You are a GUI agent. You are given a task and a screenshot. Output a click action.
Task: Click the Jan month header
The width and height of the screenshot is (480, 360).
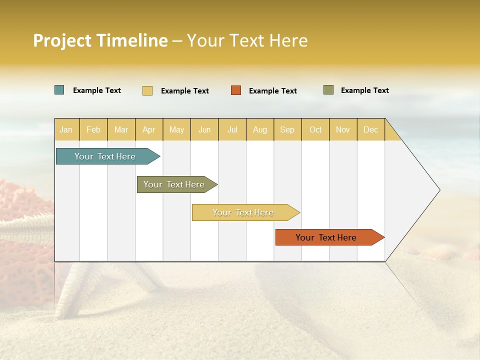pyautogui.click(x=66, y=129)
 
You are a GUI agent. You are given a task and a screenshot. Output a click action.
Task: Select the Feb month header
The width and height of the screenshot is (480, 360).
pyautogui.click(x=93, y=129)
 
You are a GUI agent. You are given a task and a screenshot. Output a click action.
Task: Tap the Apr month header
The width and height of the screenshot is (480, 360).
pyautogui.click(x=148, y=129)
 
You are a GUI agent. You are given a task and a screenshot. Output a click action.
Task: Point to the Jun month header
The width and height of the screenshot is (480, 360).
pyautogui.click(x=204, y=129)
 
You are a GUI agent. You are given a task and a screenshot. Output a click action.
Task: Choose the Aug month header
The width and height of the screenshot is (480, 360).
pyautogui.click(x=259, y=129)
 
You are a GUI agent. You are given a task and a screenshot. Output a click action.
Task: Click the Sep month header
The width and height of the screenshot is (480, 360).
pyautogui.click(x=287, y=129)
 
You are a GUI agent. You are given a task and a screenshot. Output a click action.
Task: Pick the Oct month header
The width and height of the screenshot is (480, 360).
pyautogui.click(x=315, y=129)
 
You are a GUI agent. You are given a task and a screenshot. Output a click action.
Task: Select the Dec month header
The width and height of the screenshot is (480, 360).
pyautogui.click(x=370, y=129)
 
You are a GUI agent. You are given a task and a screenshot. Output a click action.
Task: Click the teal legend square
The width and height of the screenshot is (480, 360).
pyautogui.click(x=59, y=90)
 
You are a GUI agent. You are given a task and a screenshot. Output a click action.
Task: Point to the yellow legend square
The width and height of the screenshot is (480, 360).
pyautogui.click(x=147, y=90)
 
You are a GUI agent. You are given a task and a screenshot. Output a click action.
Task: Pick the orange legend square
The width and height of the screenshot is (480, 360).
pyautogui.click(x=236, y=90)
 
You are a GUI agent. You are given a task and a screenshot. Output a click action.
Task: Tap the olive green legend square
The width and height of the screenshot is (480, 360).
pyautogui.click(x=328, y=90)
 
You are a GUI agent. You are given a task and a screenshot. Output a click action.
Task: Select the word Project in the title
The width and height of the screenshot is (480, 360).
pyautogui.click(x=62, y=40)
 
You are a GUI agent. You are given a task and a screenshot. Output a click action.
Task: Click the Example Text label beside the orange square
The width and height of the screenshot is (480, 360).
pyautogui.click(x=272, y=91)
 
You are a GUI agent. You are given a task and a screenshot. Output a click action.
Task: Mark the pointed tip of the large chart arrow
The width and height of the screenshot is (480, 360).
pyautogui.click(x=439, y=190)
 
